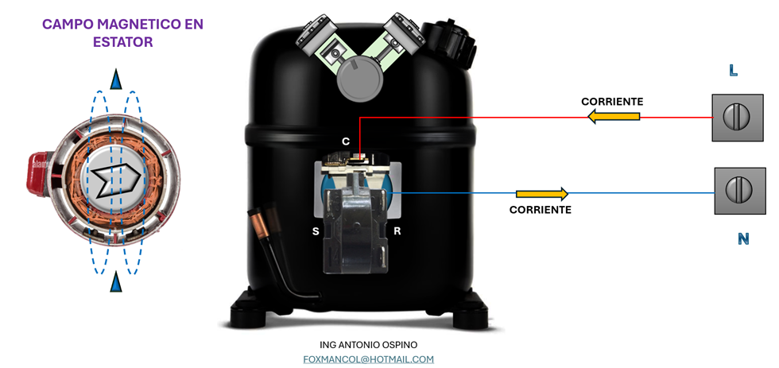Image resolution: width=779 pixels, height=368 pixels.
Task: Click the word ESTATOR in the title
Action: point(122,42)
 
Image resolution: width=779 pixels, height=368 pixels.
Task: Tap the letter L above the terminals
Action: point(733,71)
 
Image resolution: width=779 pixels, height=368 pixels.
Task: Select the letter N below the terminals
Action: point(743,238)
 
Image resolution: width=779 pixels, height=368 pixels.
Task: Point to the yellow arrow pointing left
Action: point(614,117)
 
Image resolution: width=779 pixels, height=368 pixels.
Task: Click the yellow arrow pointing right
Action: point(542,194)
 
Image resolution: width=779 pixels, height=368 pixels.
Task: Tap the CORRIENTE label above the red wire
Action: point(612,102)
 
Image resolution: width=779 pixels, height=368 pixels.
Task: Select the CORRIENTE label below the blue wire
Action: point(540,210)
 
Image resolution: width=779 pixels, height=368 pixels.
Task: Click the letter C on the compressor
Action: point(346,141)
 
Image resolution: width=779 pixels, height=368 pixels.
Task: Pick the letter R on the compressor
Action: point(397,231)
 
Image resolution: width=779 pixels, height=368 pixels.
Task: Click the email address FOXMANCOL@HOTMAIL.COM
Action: point(368,359)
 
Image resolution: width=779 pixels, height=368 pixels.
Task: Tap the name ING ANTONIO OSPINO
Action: point(368,344)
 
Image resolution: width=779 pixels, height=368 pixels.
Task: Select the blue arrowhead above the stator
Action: point(117,79)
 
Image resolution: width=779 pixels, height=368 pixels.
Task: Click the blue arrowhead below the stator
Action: point(117,281)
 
